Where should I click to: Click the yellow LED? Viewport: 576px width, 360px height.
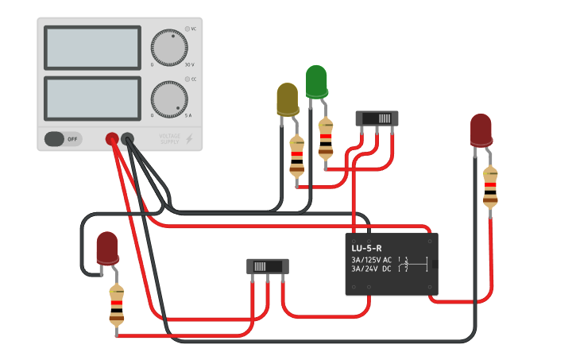click(287, 99)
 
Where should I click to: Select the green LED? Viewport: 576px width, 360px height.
click(316, 81)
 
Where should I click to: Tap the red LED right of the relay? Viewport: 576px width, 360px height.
click(481, 130)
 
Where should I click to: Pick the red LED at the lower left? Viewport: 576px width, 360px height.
click(107, 248)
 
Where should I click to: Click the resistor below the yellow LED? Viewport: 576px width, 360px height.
click(297, 156)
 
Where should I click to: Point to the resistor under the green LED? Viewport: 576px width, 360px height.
click(326, 137)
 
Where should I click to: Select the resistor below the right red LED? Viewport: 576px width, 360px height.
click(490, 188)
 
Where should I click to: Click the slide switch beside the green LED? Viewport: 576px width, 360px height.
click(377, 118)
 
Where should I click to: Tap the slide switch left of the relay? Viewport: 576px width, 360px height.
click(268, 266)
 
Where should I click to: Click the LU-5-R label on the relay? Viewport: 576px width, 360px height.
click(366, 248)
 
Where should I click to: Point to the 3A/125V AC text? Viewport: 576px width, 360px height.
click(371, 260)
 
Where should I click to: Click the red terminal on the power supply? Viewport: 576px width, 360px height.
click(112, 139)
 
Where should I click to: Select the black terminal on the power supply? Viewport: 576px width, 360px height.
click(127, 139)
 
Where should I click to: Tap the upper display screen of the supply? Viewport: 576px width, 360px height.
click(92, 48)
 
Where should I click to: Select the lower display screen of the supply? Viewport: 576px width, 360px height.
click(92, 98)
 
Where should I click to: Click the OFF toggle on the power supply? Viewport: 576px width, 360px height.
click(63, 139)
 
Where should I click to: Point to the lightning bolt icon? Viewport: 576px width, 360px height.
click(189, 139)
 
